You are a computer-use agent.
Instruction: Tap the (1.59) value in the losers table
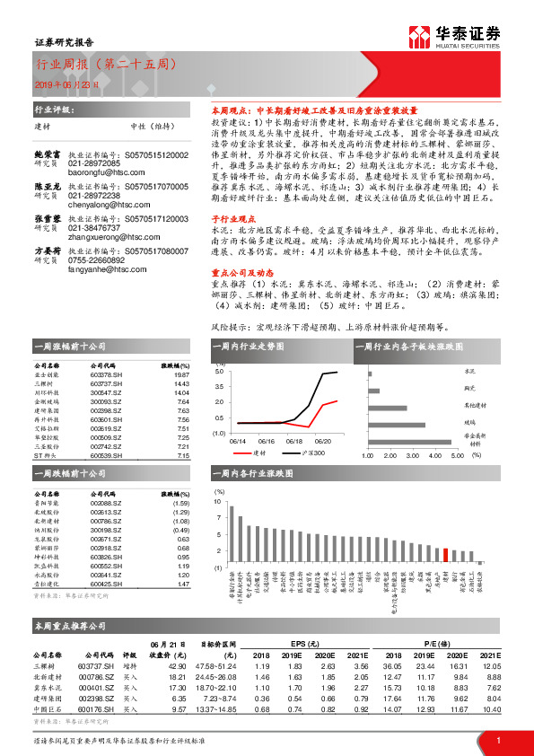click(179, 503)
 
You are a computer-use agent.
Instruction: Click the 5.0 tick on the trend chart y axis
click(220, 370)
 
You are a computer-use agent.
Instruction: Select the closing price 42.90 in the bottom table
click(174, 666)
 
